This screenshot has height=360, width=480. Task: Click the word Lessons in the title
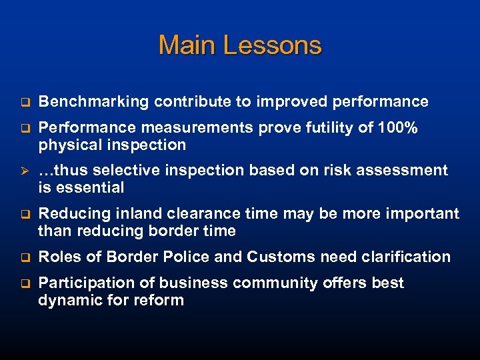click(x=272, y=45)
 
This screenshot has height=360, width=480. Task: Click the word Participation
click(x=83, y=283)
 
